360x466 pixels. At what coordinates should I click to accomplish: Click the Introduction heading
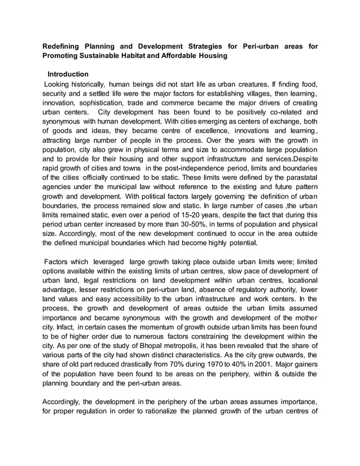pos(68,74)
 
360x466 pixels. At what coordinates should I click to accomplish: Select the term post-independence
pos(203,175)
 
